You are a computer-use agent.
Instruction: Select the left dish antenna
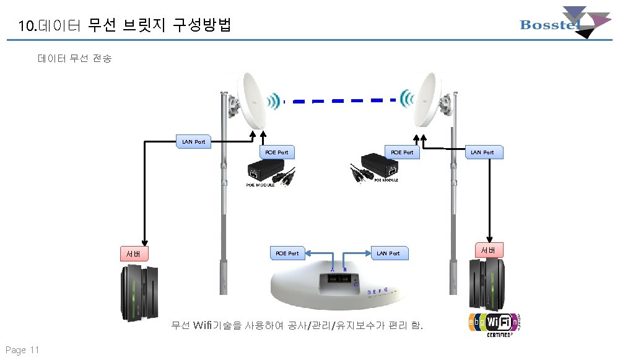point(253,99)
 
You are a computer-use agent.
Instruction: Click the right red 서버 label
point(489,250)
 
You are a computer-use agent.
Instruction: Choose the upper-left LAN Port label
point(193,142)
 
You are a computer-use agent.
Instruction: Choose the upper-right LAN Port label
point(483,152)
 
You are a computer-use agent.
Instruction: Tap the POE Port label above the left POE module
point(276,152)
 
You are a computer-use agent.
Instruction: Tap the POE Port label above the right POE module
point(402,152)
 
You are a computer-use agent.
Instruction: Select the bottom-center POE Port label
point(287,253)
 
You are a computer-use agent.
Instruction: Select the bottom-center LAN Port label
point(388,253)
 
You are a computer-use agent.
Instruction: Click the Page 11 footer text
point(23,350)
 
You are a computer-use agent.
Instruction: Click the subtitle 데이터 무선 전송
point(74,59)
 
